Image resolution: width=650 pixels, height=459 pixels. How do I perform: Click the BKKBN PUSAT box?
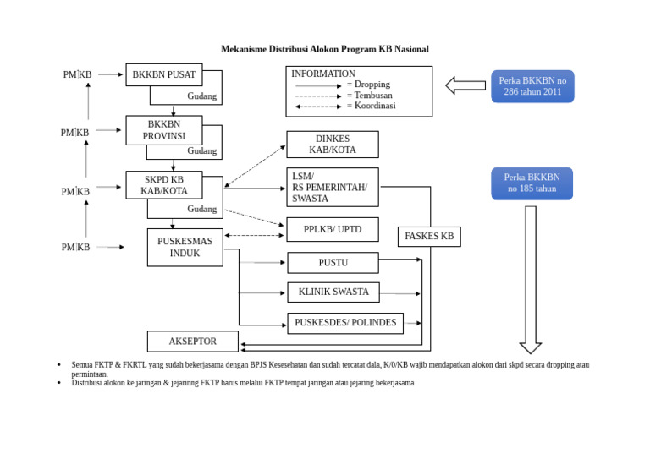(x=163, y=74)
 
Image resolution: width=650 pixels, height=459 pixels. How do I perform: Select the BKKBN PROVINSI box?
(x=163, y=130)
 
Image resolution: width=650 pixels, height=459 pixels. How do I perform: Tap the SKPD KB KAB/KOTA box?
(x=163, y=185)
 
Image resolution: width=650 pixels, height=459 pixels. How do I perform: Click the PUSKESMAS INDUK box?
(x=185, y=247)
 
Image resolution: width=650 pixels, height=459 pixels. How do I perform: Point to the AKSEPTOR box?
(x=192, y=342)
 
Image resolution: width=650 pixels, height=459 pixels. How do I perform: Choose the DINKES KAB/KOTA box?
(x=332, y=145)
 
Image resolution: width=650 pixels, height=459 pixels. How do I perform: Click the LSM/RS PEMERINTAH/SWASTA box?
(x=332, y=187)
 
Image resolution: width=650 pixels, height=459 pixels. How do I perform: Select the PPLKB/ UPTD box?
(x=332, y=229)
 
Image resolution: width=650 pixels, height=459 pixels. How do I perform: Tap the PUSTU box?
(x=332, y=263)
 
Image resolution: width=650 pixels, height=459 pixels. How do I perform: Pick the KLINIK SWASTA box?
(x=333, y=292)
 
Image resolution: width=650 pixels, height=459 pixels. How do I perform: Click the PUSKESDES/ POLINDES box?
(x=344, y=323)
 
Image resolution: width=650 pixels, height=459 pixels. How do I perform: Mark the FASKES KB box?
(x=429, y=237)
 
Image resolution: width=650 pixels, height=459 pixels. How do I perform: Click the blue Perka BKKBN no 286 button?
(x=532, y=86)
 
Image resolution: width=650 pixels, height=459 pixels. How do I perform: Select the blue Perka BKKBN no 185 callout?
(x=532, y=183)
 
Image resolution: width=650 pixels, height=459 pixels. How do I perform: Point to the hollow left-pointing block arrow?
(x=465, y=85)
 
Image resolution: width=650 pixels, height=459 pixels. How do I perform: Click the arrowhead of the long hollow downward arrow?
(x=531, y=347)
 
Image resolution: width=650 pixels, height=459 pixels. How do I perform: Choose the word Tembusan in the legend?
(x=373, y=96)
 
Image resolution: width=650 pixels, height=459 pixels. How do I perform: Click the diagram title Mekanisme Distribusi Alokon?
(x=324, y=49)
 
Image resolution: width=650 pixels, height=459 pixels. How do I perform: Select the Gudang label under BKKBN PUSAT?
(x=201, y=96)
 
